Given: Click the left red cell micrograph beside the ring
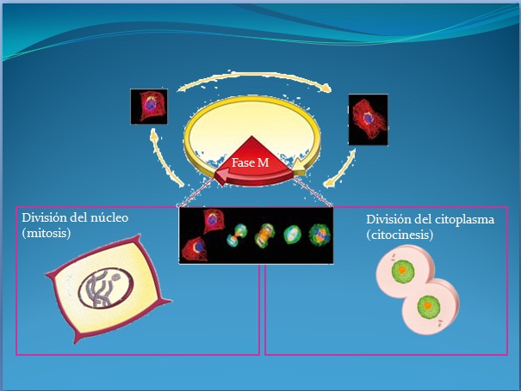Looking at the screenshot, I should (x=147, y=107).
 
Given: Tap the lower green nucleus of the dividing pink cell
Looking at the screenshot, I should (x=427, y=305).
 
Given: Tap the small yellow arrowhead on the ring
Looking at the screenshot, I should (x=299, y=163).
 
